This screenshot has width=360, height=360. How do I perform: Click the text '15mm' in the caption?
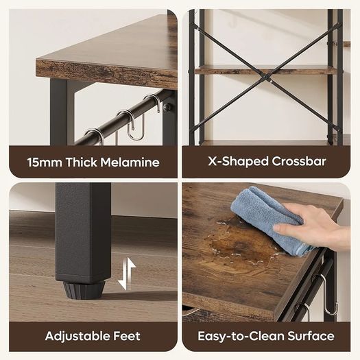[45, 162]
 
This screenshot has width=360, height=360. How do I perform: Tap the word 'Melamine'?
[130, 162]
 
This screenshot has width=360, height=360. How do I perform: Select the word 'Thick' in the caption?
[82, 162]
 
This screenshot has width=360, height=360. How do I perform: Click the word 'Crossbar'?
[299, 161]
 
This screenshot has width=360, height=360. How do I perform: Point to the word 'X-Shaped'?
[239, 162]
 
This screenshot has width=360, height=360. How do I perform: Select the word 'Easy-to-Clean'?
[241, 337]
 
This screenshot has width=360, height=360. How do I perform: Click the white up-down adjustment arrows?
[126, 273]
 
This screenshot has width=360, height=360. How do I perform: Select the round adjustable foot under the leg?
[84, 290]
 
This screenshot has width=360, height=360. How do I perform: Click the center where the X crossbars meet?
[267, 77]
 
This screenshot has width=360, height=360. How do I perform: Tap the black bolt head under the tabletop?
[167, 107]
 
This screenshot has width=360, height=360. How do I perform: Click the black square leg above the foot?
[83, 232]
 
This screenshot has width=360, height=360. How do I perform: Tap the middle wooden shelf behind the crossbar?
[266, 69]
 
